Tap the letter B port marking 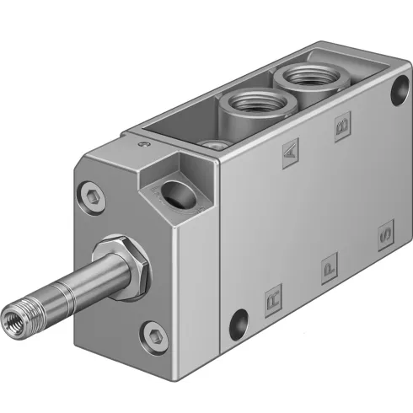(x=342, y=128)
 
